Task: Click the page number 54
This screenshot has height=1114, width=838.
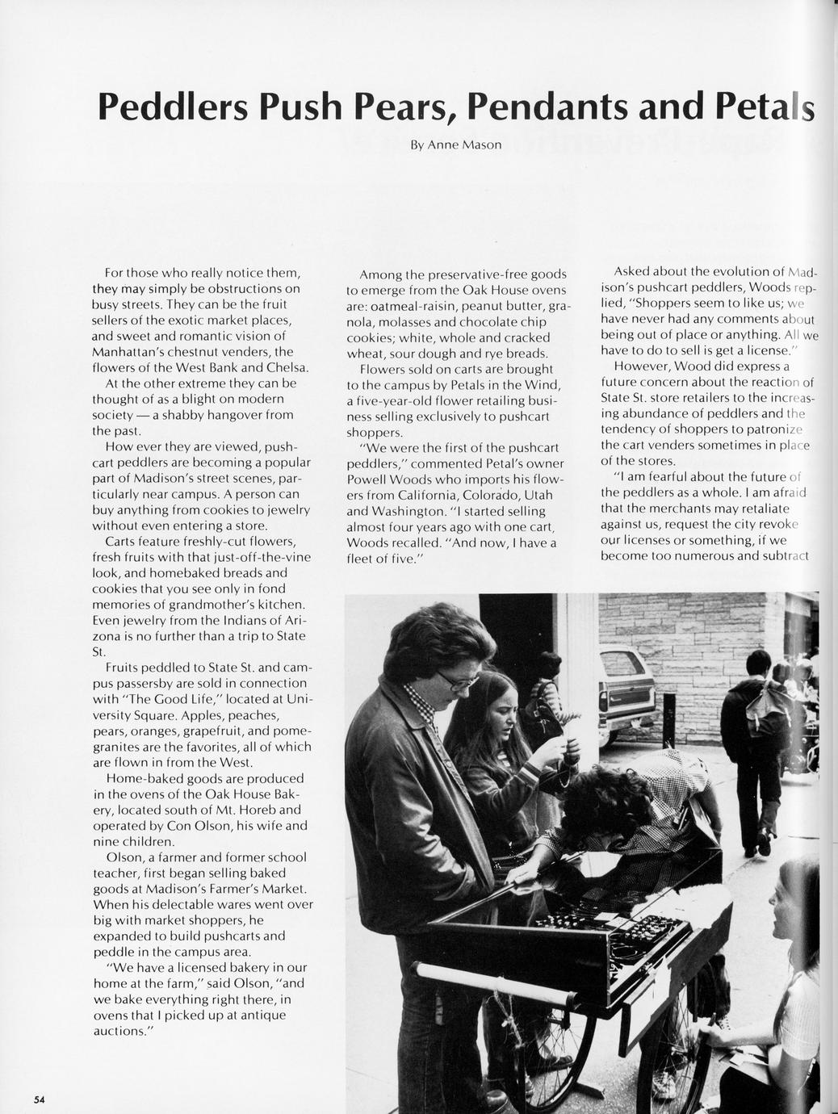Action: pyautogui.click(x=38, y=1099)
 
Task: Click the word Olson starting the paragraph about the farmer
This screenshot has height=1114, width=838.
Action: pyautogui.click(x=123, y=856)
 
